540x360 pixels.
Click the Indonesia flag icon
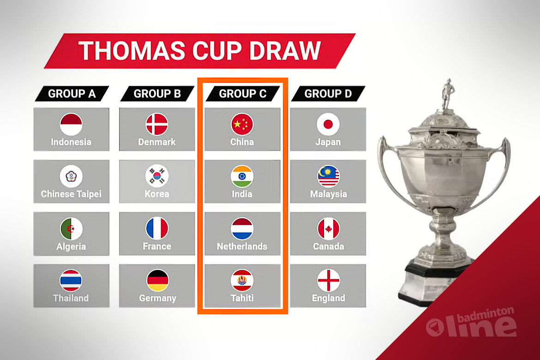pos(71,124)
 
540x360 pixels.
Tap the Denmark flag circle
pos(157,124)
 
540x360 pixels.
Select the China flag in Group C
pos(242,124)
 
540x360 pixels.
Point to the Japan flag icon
pos(328,124)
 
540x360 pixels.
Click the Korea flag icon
pos(157,176)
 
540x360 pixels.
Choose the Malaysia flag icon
pos(328,176)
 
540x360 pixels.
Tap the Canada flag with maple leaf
pos(328,228)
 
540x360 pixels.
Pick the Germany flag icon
pos(157,281)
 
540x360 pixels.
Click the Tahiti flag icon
pos(242,281)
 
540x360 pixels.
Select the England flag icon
pos(328,281)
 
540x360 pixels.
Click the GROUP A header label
pos(72,94)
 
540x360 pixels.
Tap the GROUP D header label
pos(328,94)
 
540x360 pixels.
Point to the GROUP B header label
pos(157,94)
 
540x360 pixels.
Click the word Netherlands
pos(242,246)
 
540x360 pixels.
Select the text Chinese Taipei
pos(71,194)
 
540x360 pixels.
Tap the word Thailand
pos(71,298)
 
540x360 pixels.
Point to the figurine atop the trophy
pos(448,94)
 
